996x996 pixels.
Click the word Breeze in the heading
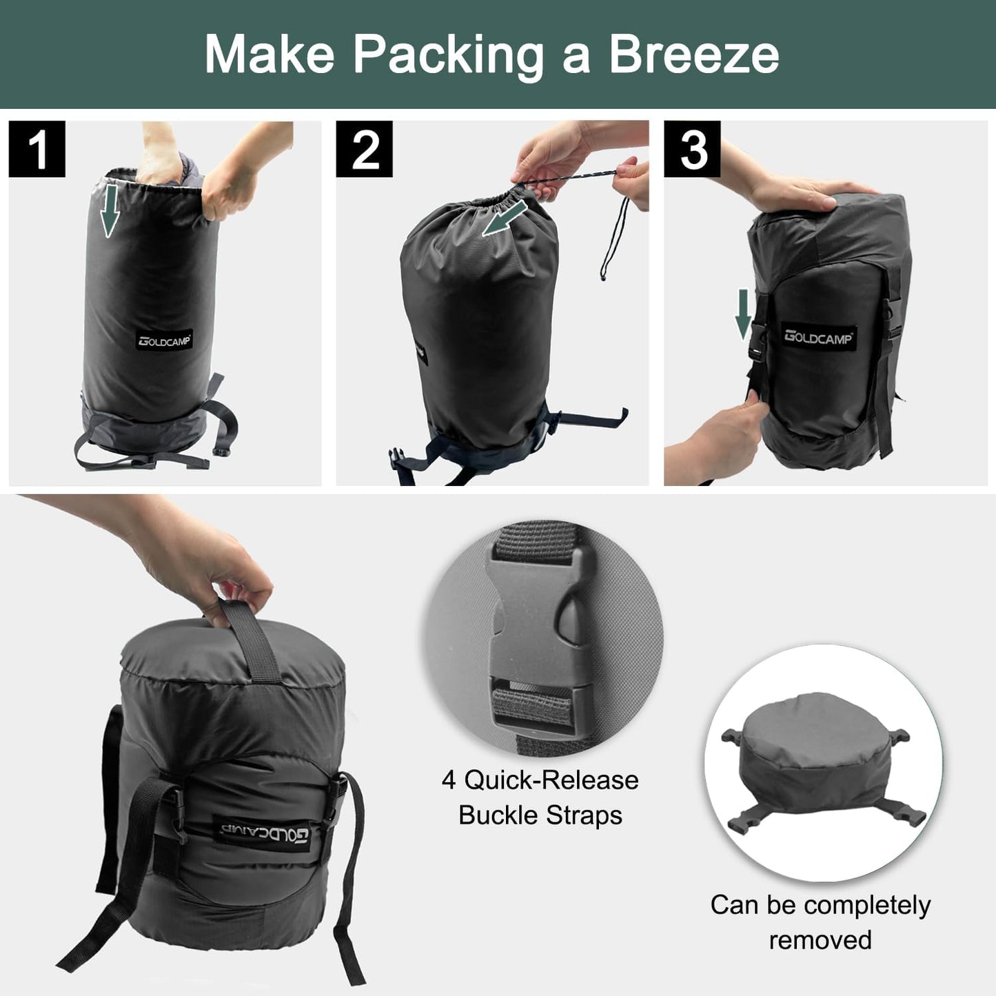[x=693, y=54]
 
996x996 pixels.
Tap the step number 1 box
[x=37, y=148]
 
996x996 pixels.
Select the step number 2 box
[x=365, y=148]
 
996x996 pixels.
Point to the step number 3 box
[x=692, y=148]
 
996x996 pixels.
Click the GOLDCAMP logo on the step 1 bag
[x=165, y=340]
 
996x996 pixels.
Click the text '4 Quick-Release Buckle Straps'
[x=540, y=797]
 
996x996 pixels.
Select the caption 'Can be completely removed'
[x=820, y=922]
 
